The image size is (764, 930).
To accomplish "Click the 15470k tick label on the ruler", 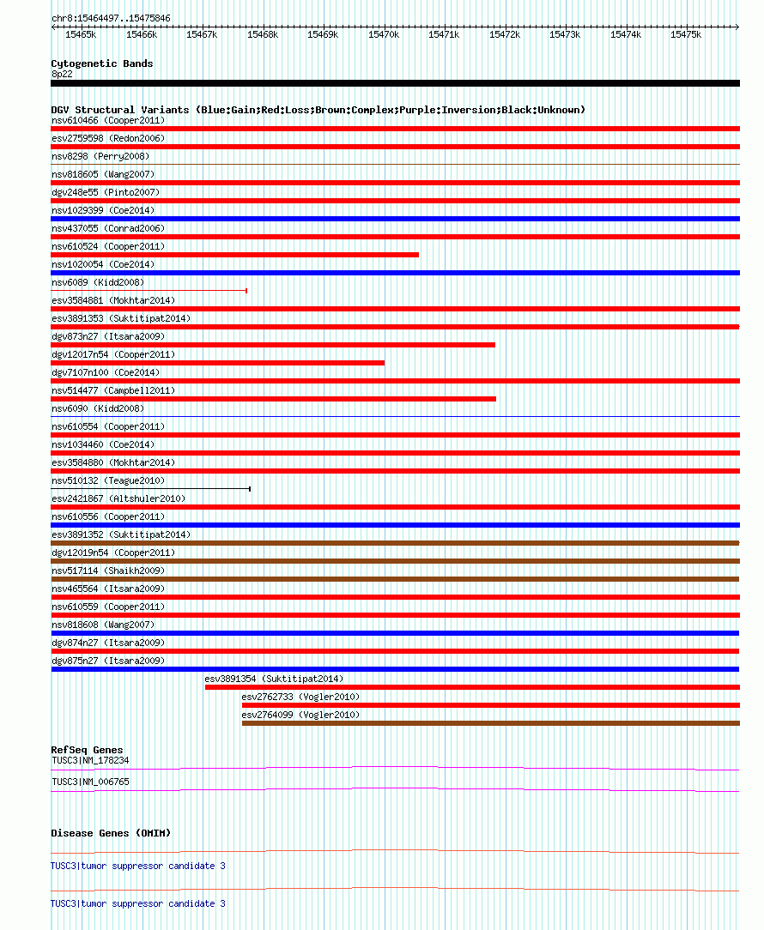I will point(384,34).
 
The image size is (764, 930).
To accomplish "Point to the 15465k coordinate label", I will point(81,34).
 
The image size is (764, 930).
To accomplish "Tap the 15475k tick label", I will point(686,34).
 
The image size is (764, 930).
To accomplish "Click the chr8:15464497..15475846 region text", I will point(111,18).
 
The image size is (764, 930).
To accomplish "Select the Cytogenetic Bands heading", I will point(102,63).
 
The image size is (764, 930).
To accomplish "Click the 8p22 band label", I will point(62,74).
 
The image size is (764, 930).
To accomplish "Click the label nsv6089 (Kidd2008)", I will point(98,282).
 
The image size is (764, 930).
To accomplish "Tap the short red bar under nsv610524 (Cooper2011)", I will point(234,255).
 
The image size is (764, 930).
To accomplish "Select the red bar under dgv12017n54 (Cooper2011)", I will point(217,363).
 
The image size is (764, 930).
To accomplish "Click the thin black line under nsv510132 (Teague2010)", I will point(150,489).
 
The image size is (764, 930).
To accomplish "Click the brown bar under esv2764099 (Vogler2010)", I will point(490,723).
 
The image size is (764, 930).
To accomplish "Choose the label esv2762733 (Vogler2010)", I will point(300,697).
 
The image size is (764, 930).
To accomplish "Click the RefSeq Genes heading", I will point(87,750).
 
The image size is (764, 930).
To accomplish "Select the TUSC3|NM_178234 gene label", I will point(90,760).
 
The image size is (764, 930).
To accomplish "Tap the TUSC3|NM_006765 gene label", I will point(90,782).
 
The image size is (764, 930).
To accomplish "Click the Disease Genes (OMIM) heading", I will point(111,833).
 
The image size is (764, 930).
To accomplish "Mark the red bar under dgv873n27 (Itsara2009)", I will point(273,345).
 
